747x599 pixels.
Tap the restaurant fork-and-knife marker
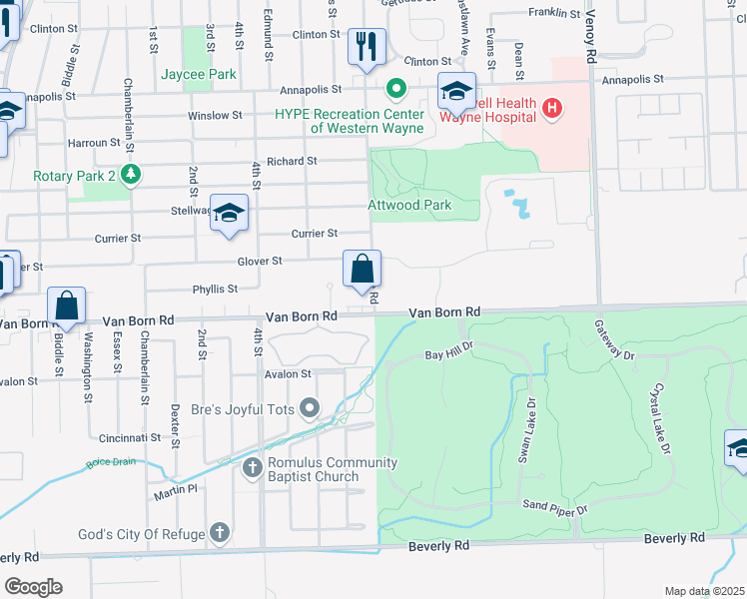point(367,47)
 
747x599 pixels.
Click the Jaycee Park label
point(200,74)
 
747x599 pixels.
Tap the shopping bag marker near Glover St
point(362,269)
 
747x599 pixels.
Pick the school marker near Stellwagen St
point(229,214)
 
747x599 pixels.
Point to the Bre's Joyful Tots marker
point(310,407)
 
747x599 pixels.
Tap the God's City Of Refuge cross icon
point(220,534)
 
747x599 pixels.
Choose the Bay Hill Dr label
point(447,353)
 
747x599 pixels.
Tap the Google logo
point(33,587)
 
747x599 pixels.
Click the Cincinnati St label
point(130,438)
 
